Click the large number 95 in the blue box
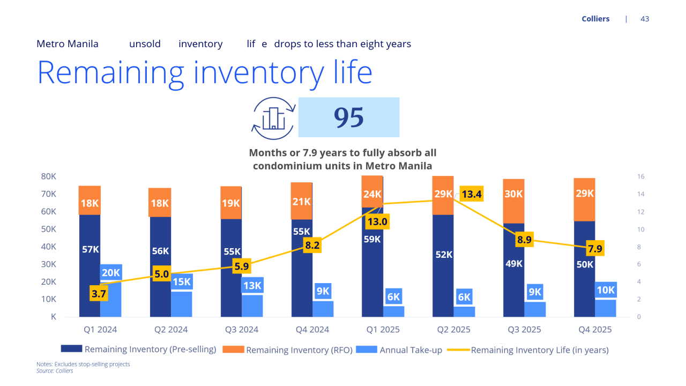coord(349,117)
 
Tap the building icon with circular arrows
coord(273,118)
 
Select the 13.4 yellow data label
coord(472,194)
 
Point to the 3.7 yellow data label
coord(99,293)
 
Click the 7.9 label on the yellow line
coord(595,249)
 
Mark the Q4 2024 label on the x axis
coord(311,330)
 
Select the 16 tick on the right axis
coord(640,176)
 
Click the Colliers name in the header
coord(595,19)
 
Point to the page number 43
coord(645,19)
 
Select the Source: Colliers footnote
coord(55,371)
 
